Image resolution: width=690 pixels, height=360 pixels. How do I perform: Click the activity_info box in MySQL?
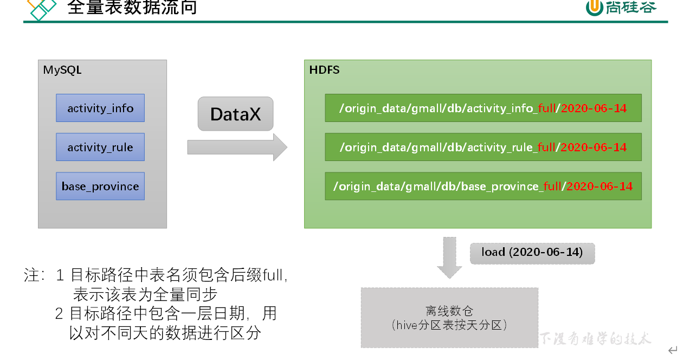100,108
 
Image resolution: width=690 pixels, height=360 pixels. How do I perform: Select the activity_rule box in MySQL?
100,147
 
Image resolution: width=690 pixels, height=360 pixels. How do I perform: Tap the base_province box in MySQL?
100,186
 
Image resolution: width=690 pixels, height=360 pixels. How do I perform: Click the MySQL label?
62,70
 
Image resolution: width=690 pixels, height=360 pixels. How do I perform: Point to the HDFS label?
324,70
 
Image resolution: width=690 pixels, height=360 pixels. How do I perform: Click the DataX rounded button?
235,114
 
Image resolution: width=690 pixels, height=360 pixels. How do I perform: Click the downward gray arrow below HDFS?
449,257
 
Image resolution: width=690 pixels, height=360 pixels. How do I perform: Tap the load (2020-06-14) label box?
532,253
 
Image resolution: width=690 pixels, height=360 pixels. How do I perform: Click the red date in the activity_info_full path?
594,108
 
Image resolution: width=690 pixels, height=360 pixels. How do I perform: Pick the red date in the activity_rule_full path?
594,147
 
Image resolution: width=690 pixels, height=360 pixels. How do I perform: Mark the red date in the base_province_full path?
599,186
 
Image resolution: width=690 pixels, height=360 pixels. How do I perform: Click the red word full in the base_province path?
552,186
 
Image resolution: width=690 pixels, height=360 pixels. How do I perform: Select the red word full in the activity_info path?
547,108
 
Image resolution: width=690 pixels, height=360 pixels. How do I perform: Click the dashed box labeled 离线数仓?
449,318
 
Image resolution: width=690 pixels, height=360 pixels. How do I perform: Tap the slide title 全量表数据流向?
132,8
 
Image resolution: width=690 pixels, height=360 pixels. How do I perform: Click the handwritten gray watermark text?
595,339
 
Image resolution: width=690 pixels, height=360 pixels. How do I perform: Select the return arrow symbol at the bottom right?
673,350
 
